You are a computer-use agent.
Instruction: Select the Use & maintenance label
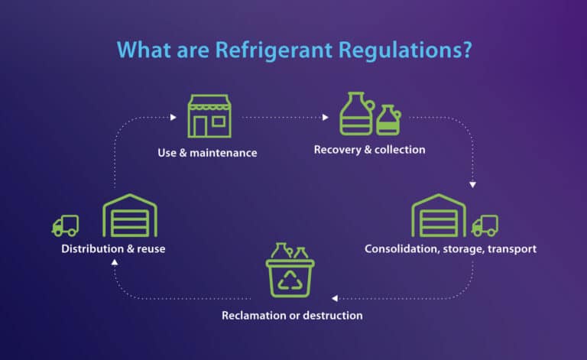click(207, 153)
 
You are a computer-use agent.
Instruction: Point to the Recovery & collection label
click(369, 150)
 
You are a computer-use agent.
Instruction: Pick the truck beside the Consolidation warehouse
click(485, 225)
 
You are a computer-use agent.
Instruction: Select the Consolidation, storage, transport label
click(450, 248)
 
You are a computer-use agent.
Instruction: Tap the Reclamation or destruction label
click(292, 315)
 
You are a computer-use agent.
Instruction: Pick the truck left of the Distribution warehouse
click(66, 225)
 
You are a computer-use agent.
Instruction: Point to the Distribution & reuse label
click(113, 248)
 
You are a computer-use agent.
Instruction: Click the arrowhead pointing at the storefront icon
click(174, 118)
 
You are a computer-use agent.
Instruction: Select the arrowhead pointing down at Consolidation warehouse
click(474, 184)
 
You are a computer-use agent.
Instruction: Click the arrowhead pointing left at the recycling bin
click(334, 297)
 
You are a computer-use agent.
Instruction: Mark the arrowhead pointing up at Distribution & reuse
click(115, 261)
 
